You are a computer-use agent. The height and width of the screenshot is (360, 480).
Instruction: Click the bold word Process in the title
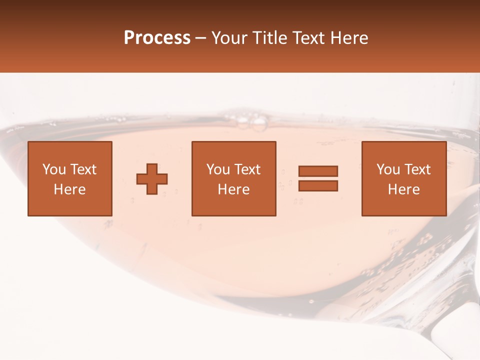click(157, 38)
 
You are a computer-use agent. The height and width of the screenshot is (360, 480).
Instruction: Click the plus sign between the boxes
click(152, 179)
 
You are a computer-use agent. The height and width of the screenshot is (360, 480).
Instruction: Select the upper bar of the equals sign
click(318, 171)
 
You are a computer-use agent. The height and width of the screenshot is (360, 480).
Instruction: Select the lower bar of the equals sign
click(318, 186)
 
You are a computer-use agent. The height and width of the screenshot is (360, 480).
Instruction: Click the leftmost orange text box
click(69, 178)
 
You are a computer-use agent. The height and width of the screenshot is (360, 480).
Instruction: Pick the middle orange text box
click(233, 178)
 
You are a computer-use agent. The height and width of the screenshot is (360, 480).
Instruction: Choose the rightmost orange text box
click(403, 178)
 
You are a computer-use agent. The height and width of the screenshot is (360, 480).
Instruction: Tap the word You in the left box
click(54, 169)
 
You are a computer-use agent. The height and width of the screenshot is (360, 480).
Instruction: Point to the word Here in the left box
click(69, 189)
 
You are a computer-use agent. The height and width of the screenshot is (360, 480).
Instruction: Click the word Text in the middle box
click(247, 169)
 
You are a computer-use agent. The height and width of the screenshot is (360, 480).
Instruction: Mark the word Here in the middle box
click(233, 189)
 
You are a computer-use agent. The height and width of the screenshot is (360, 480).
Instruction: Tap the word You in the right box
click(388, 169)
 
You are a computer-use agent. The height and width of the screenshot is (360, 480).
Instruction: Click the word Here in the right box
click(403, 189)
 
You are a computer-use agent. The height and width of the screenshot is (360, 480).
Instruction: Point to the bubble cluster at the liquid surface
click(253, 122)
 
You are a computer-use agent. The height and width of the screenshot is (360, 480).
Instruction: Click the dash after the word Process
click(201, 38)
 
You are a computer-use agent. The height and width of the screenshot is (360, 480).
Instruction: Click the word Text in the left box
click(83, 169)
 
